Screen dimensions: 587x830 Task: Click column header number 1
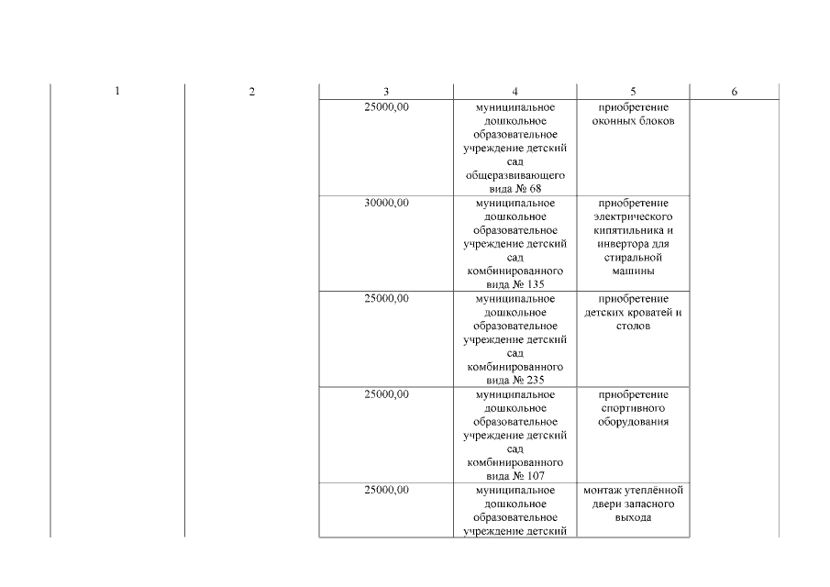(117, 91)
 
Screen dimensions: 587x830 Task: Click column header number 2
(252, 92)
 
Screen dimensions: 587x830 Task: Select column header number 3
(386, 92)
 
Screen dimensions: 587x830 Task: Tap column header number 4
(515, 92)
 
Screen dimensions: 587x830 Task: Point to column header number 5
(633, 92)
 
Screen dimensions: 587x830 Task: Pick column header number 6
(735, 92)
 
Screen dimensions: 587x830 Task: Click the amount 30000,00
(386, 203)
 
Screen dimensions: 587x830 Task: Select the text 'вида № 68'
(515, 189)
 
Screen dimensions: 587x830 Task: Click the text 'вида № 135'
(515, 284)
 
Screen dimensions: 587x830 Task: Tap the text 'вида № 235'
(515, 380)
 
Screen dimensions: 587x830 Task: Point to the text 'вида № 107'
(515, 476)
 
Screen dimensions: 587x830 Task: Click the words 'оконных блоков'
(633, 121)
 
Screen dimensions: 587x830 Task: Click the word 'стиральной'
(633, 258)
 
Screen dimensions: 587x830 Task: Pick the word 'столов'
(633, 326)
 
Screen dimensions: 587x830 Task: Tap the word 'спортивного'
(633, 408)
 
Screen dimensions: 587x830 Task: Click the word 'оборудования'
(633, 422)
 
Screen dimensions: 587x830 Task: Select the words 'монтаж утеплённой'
(633, 490)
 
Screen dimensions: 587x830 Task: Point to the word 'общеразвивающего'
(515, 175)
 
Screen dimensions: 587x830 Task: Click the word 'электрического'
(633, 216)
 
